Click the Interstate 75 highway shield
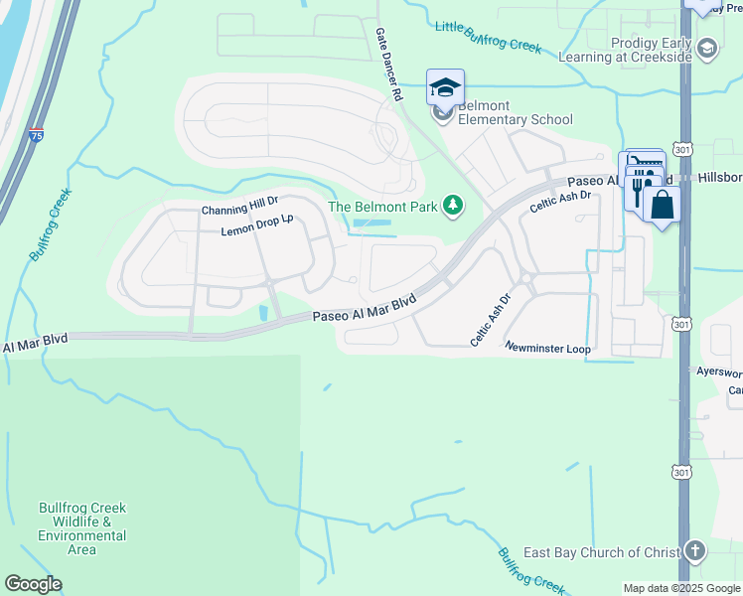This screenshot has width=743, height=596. (36, 135)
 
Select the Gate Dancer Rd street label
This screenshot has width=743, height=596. (387, 65)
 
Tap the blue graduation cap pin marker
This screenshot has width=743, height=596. (445, 88)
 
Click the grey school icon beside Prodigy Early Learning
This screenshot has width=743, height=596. (707, 47)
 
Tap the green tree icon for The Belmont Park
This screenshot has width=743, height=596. (454, 206)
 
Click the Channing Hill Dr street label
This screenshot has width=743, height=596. (239, 210)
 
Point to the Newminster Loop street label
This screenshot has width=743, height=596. (547, 349)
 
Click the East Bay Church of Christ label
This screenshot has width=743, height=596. (602, 552)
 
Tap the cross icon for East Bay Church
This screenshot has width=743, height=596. (695, 551)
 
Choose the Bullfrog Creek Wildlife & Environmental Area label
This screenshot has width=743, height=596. (82, 528)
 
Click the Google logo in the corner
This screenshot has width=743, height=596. (33, 584)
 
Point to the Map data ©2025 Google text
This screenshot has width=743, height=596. (680, 588)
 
